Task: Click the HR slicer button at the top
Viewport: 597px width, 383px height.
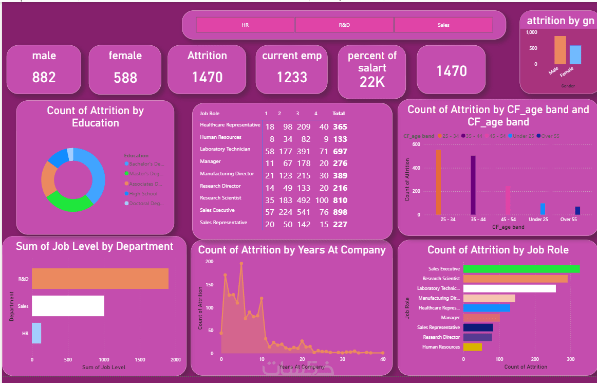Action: point(245,25)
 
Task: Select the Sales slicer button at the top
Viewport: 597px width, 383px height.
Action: point(443,25)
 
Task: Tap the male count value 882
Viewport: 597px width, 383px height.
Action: point(44,77)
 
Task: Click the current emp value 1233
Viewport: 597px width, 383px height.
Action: point(292,77)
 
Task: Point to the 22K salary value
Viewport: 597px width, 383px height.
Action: point(372,82)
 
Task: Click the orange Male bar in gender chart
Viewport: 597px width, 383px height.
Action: point(559,50)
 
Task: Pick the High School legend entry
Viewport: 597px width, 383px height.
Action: point(143,194)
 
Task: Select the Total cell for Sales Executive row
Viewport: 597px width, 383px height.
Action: point(339,212)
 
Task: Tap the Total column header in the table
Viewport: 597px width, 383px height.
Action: point(339,113)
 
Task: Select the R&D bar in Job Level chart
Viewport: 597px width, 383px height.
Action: point(100,279)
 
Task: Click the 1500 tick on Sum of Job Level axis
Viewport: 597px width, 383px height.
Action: point(140,360)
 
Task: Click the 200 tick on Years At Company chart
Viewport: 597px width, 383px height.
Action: point(210,262)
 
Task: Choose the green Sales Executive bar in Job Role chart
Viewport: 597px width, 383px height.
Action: point(521,269)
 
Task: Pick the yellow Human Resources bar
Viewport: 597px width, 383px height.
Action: point(472,347)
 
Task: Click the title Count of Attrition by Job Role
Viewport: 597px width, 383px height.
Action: point(498,250)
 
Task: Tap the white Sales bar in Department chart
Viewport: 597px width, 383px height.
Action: point(68,306)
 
